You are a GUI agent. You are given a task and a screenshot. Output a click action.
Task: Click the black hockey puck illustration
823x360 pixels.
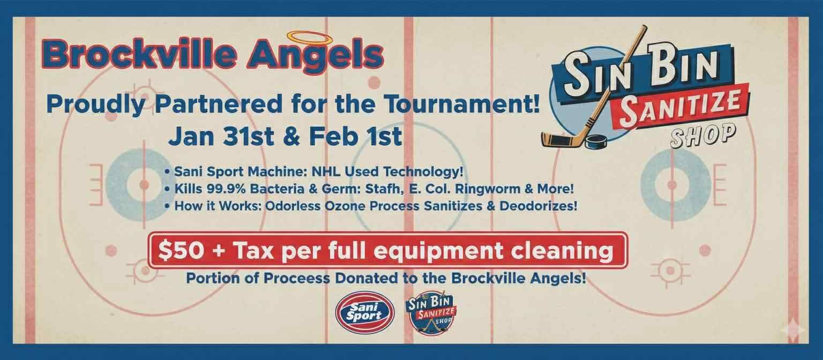coord(597,141)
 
